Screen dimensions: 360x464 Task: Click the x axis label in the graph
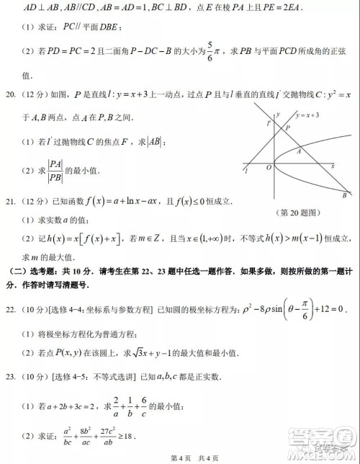click(x=333, y=166)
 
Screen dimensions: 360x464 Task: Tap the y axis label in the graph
click(x=278, y=115)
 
